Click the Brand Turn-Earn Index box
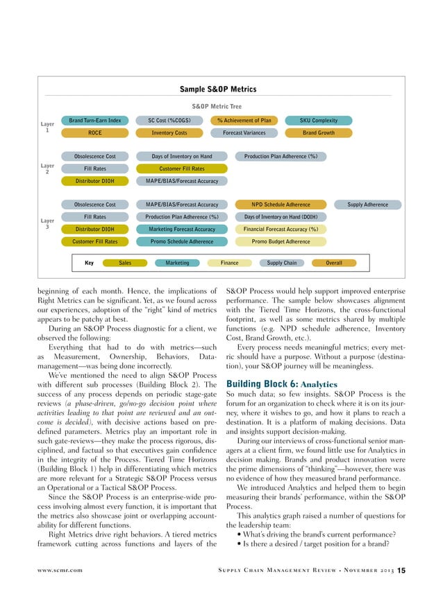95,121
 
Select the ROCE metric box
95,132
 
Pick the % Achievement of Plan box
244,121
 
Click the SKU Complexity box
318,121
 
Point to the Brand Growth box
318,132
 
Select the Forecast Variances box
244,132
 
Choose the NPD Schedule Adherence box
281,205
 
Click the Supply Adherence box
367,205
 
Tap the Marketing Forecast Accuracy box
182,229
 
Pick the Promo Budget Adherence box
281,241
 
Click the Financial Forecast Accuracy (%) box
281,229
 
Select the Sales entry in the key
125,263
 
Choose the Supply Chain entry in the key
281,263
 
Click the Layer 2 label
47,168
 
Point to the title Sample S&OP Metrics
218,89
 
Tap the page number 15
401,570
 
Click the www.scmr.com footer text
59,570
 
